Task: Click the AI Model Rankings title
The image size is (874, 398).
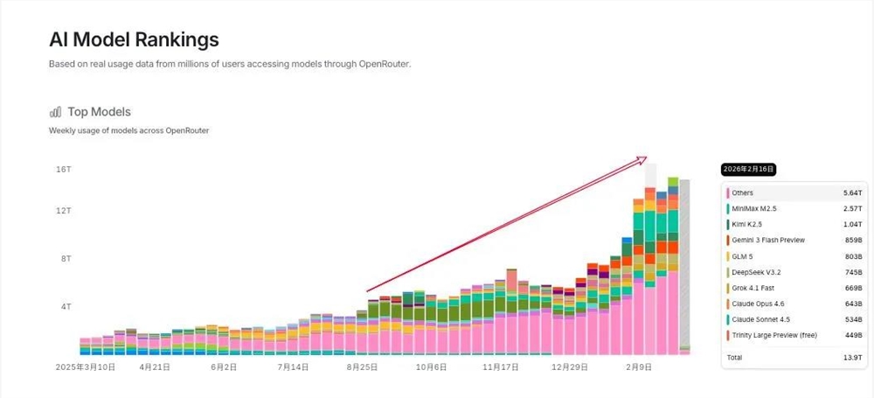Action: pyautogui.click(x=134, y=39)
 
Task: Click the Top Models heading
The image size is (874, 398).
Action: pyautogui.click(x=99, y=112)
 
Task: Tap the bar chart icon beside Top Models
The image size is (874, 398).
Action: pyautogui.click(x=56, y=112)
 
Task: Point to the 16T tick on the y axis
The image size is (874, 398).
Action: pyautogui.click(x=63, y=169)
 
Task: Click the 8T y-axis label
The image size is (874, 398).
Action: pyautogui.click(x=65, y=259)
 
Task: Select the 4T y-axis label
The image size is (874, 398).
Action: pyautogui.click(x=65, y=307)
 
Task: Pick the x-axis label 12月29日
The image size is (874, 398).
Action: pyautogui.click(x=569, y=367)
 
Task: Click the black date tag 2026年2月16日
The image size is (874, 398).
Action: pyautogui.click(x=749, y=169)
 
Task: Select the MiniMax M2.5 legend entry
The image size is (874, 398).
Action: pyautogui.click(x=753, y=208)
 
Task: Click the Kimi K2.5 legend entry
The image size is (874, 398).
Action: pyautogui.click(x=748, y=224)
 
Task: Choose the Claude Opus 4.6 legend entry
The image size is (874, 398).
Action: pyautogui.click(x=758, y=304)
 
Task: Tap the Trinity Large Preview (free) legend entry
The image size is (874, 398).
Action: pyautogui.click(x=773, y=335)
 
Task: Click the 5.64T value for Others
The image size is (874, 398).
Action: pyautogui.click(x=852, y=192)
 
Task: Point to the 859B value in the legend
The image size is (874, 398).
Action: pyautogui.click(x=852, y=240)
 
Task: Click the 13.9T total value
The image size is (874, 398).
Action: pyautogui.click(x=852, y=358)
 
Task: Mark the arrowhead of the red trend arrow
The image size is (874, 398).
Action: pyautogui.click(x=643, y=159)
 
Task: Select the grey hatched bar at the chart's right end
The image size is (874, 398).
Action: pyautogui.click(x=684, y=262)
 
